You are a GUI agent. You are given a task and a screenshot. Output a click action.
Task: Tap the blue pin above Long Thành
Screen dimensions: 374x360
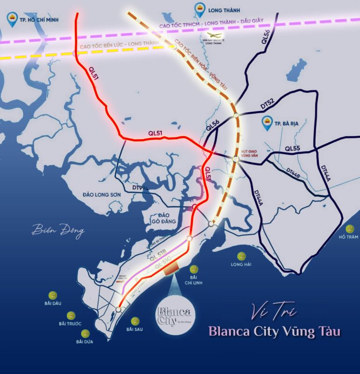pyautogui.click(x=199, y=8)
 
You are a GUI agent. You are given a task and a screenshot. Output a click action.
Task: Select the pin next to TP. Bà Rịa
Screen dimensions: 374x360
pyautogui.click(x=268, y=123)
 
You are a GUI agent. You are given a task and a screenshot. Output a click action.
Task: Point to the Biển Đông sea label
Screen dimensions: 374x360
pyautogui.click(x=58, y=230)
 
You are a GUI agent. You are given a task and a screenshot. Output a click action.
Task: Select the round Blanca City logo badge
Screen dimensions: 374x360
pyautogui.click(x=175, y=314)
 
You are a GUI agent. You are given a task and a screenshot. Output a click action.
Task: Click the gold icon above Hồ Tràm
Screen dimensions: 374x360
pyautogui.click(x=350, y=229)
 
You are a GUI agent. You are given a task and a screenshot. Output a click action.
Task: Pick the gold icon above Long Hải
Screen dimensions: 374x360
pyautogui.click(x=241, y=256)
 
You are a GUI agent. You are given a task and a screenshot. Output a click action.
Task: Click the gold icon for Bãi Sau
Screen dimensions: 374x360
pyautogui.click(x=135, y=321)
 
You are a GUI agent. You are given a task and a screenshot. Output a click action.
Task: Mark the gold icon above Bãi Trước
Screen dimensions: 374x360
pyautogui.click(x=71, y=316)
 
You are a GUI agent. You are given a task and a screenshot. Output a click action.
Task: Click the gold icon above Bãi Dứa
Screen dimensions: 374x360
pyautogui.click(x=85, y=333)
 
